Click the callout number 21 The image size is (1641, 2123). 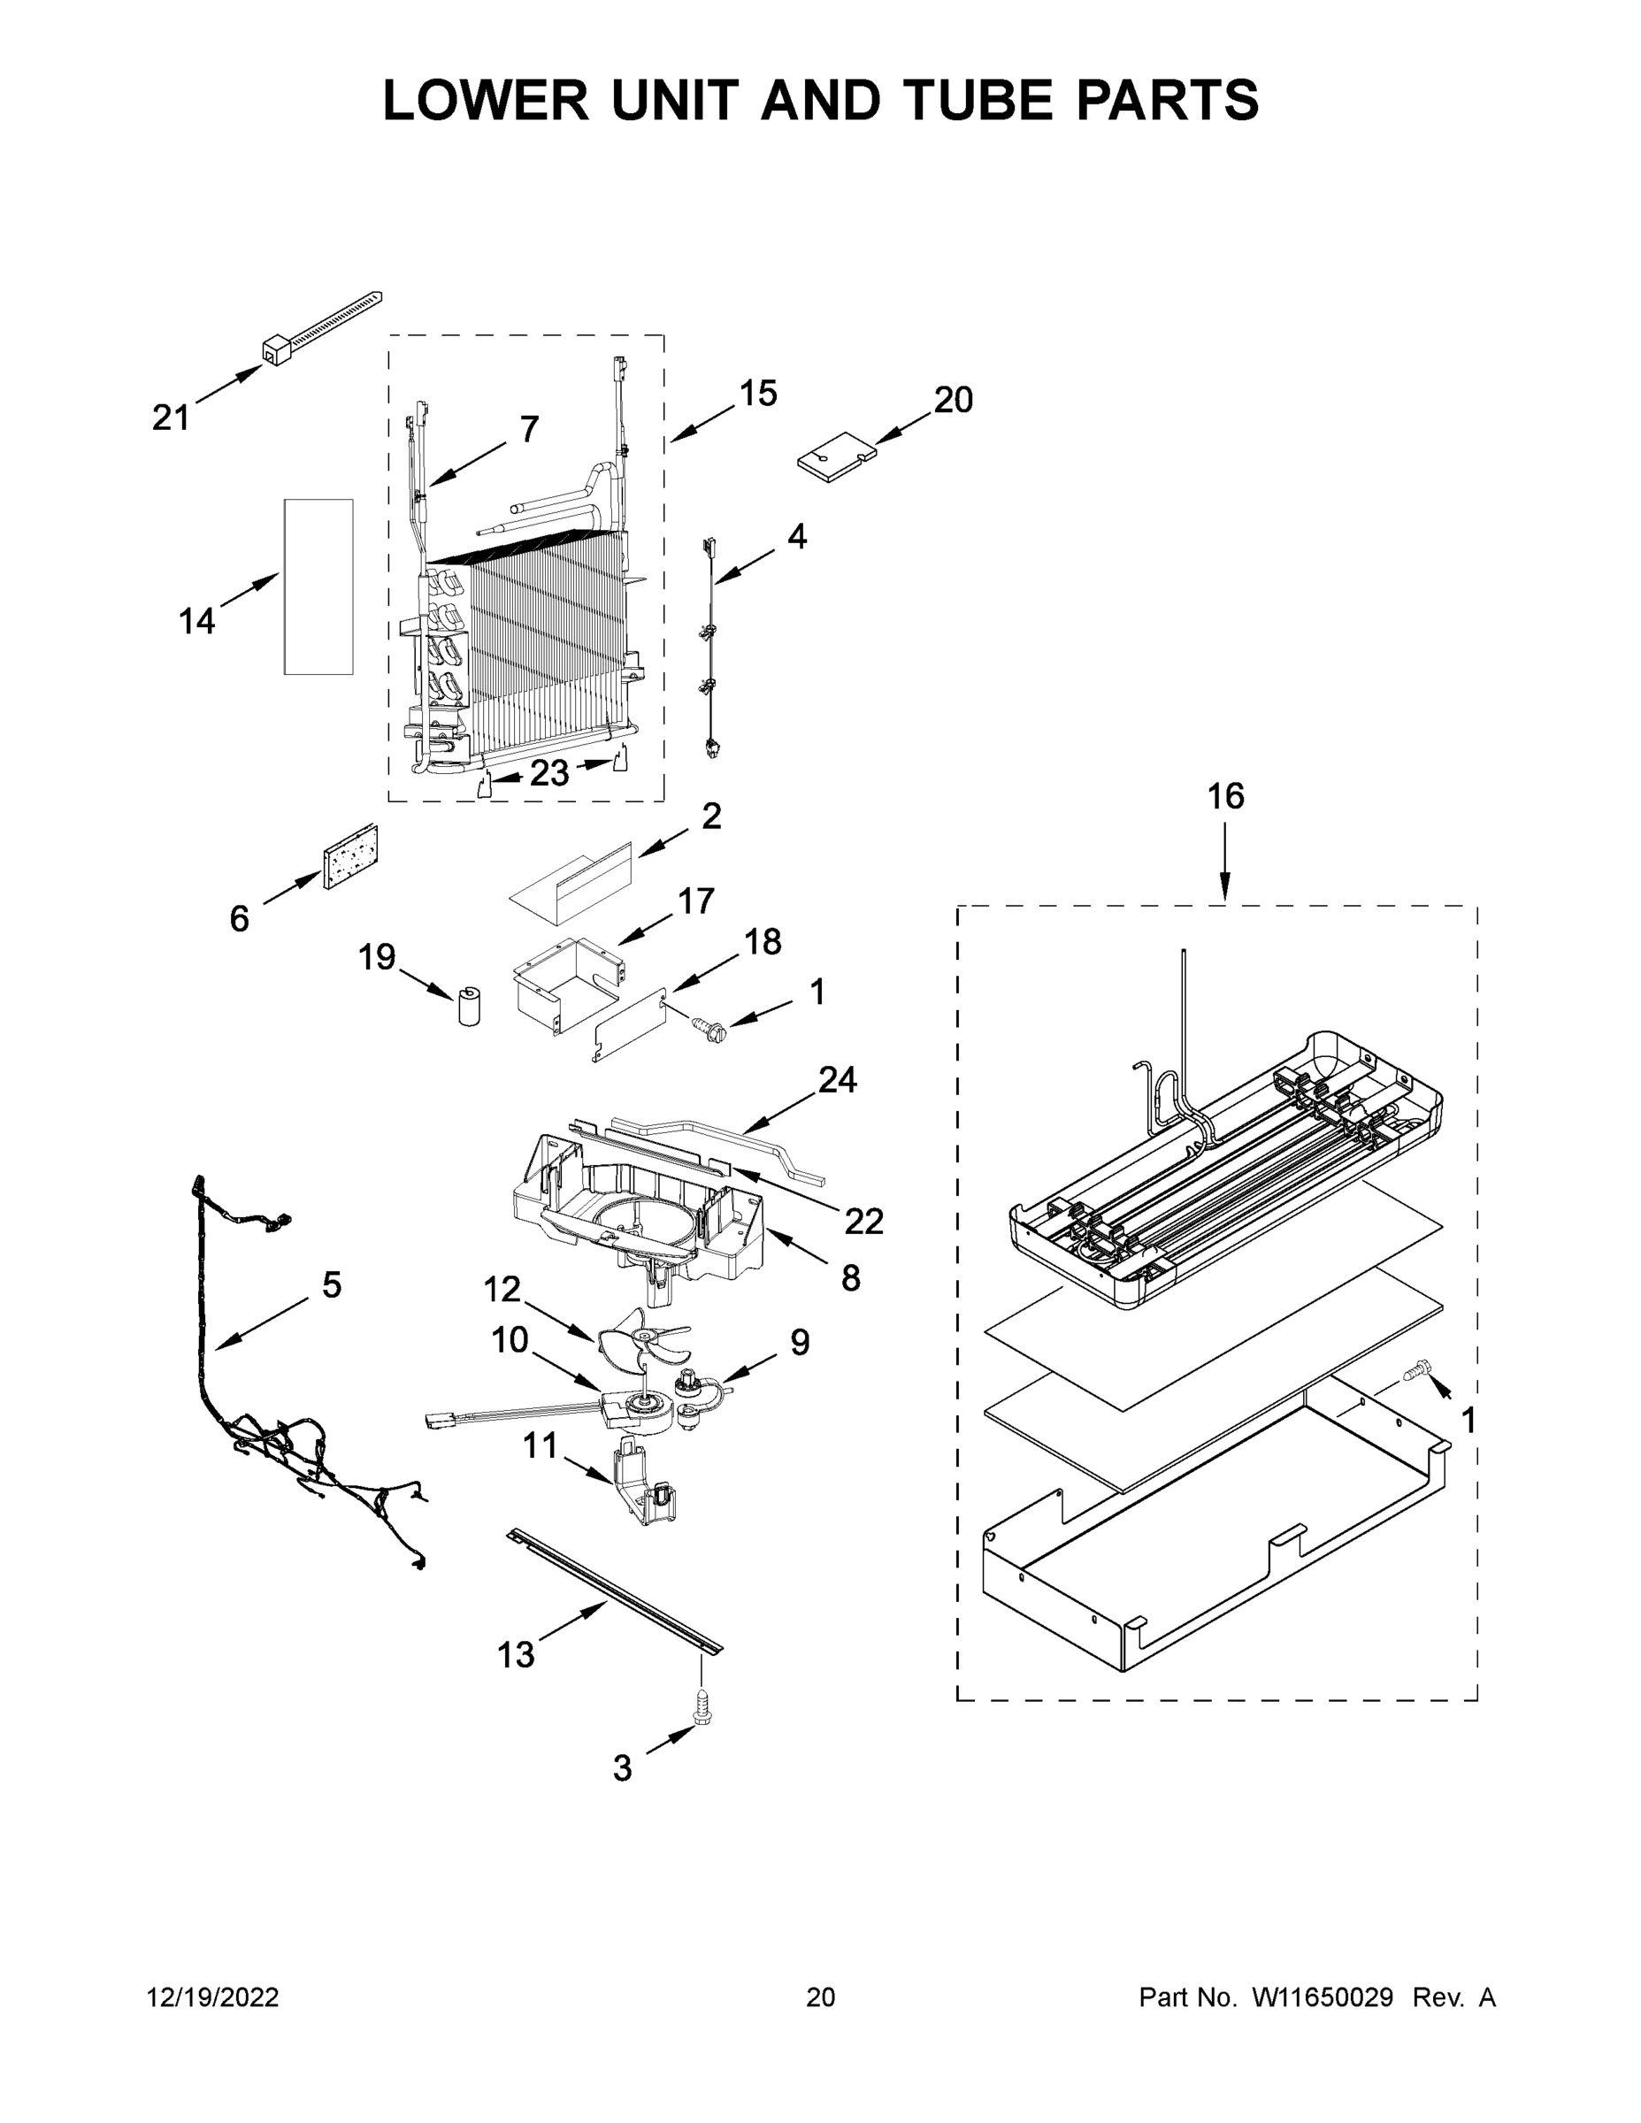click(x=171, y=418)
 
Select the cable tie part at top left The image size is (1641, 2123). click(x=321, y=327)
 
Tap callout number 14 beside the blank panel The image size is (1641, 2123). click(x=196, y=620)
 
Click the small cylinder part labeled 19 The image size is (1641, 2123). click(x=472, y=1006)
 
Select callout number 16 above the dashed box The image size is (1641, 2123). click(x=1225, y=796)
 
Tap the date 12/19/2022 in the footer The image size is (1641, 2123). click(x=213, y=1997)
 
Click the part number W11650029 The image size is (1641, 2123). click(x=1323, y=1997)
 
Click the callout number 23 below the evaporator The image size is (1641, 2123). click(x=549, y=773)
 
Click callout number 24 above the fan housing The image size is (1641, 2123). click(x=837, y=1079)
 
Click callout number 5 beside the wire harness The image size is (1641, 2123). click(x=332, y=1285)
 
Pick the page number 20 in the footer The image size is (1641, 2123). click(x=821, y=1997)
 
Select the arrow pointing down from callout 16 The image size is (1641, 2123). click(x=1225, y=861)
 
